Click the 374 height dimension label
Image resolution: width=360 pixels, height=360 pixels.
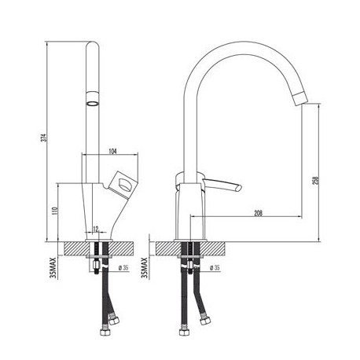click(45, 138)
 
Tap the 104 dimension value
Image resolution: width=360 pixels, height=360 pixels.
click(112, 151)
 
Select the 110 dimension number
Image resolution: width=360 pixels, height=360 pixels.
click(55, 211)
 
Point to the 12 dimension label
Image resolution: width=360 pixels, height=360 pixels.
click(96, 229)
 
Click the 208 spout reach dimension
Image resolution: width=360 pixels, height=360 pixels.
click(259, 213)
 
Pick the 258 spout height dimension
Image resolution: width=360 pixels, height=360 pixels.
click(316, 180)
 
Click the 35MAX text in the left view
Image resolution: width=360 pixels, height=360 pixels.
click(53, 267)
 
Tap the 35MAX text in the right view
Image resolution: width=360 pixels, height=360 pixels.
click(144, 267)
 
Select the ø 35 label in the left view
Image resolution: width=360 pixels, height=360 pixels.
click(123, 268)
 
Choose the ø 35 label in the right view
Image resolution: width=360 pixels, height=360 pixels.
click(215, 268)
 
